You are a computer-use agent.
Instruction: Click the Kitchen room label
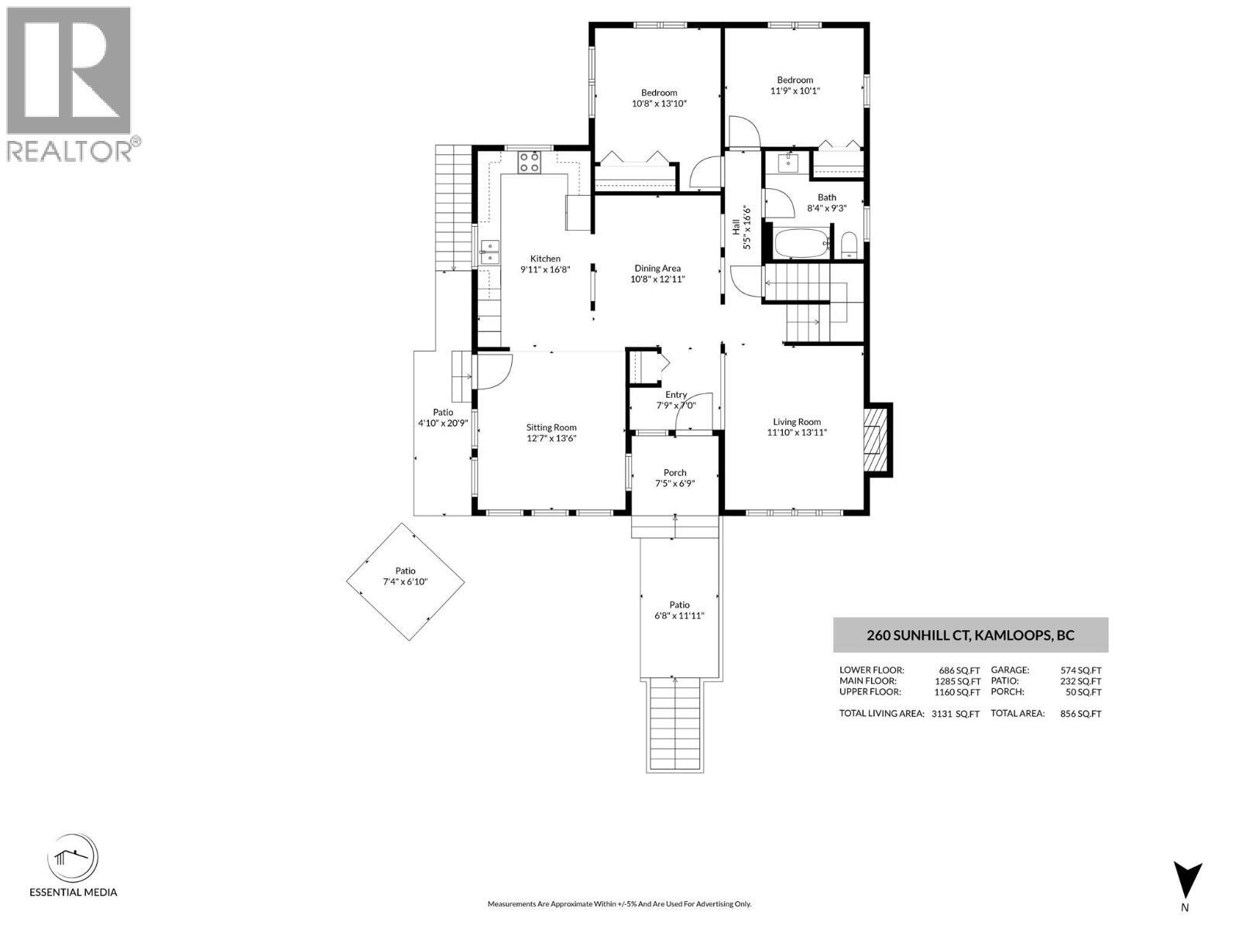tap(544, 259)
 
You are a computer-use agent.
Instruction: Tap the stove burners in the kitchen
tap(530, 163)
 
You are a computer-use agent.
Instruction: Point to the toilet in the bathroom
tap(849, 245)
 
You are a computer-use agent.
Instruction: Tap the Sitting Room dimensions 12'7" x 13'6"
tap(551, 438)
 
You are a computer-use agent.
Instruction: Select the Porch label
tap(674, 472)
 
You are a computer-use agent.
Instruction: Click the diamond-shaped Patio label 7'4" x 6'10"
tap(404, 581)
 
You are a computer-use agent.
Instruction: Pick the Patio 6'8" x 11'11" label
tap(679, 615)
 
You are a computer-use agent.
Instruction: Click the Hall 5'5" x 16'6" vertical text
tap(741, 227)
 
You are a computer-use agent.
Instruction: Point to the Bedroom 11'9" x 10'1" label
tap(795, 85)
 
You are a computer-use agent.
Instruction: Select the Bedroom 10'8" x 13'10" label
tap(659, 98)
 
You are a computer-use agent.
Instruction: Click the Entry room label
tap(675, 395)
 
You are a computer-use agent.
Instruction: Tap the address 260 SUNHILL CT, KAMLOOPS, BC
tap(970, 636)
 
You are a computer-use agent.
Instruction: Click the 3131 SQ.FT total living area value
tap(955, 714)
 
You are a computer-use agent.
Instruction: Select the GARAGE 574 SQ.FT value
tap(1080, 670)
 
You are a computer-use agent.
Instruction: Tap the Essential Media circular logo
tap(73, 858)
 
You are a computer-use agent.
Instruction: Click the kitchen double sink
tap(489, 252)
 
